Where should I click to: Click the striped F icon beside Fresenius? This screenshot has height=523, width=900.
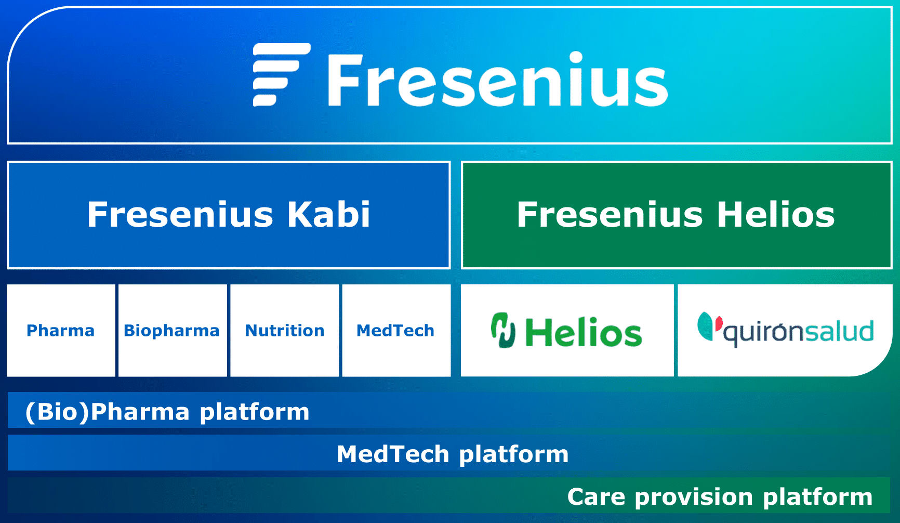tap(281, 75)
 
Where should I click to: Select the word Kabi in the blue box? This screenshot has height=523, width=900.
tap(329, 214)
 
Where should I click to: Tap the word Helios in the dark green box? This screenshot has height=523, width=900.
tap(776, 214)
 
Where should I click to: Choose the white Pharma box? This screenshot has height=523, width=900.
tap(61, 330)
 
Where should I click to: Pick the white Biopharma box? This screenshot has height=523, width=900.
tap(172, 330)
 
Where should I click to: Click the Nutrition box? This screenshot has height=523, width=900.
tap(285, 330)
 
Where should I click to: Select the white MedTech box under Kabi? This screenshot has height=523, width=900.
tap(396, 330)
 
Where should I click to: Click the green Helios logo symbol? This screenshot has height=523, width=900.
tap(503, 330)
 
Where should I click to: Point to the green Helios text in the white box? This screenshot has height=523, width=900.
tap(584, 333)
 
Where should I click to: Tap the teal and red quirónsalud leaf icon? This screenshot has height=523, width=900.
tap(709, 326)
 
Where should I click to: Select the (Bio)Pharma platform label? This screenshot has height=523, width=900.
tap(167, 412)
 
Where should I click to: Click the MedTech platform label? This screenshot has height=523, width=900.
tap(453, 454)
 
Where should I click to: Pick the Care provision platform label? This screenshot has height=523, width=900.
tap(720, 496)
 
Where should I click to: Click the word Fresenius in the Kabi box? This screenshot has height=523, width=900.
tap(180, 214)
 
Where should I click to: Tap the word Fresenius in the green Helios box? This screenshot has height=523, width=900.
tap(610, 214)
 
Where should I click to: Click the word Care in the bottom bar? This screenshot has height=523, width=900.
tap(596, 496)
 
